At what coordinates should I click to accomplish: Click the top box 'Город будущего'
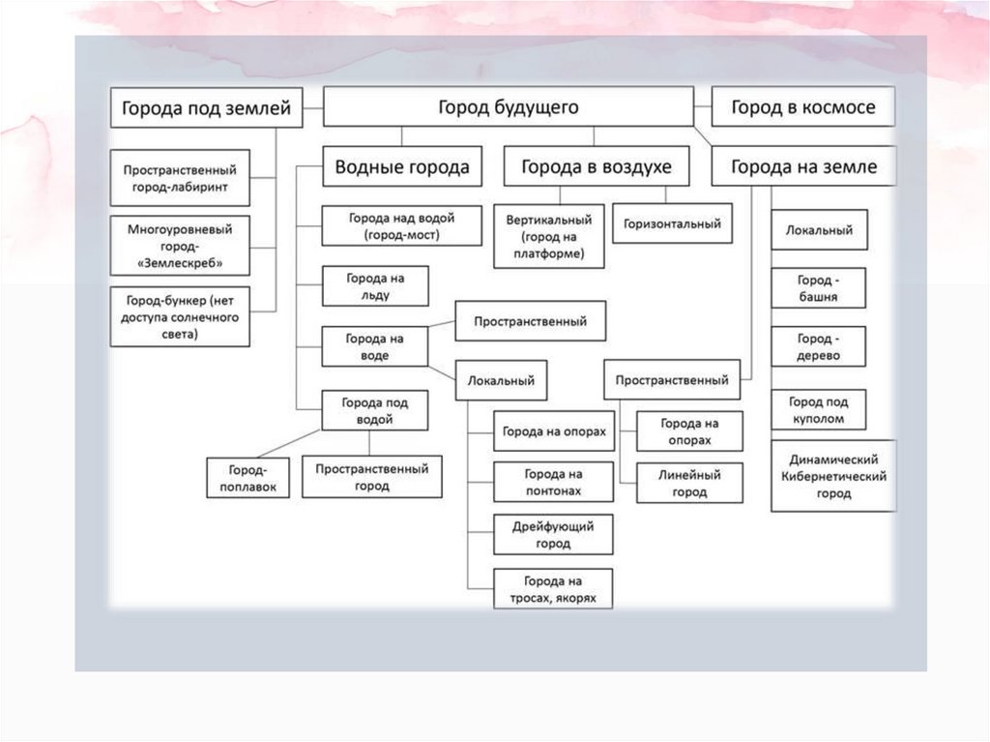[508, 107]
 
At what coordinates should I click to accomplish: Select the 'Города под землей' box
[206, 107]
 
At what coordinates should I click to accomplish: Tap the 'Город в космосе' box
[802, 107]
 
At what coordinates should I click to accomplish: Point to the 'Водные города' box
[401, 166]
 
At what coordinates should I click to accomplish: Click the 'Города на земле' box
[803, 166]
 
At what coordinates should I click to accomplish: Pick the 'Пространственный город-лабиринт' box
[180, 177]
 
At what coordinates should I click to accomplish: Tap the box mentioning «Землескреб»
[180, 246]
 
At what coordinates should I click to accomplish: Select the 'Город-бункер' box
[180, 316]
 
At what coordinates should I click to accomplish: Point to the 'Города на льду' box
[375, 285]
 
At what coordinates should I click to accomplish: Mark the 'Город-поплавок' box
[248, 477]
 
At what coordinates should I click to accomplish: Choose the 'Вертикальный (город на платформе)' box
[549, 235]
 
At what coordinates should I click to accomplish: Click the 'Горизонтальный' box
[672, 223]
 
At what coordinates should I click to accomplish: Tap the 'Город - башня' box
[818, 288]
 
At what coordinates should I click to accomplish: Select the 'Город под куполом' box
[818, 410]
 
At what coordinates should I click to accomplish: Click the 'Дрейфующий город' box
[553, 535]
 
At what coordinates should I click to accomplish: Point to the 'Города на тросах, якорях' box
[553, 589]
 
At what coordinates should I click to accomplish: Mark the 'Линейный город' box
[690, 484]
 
